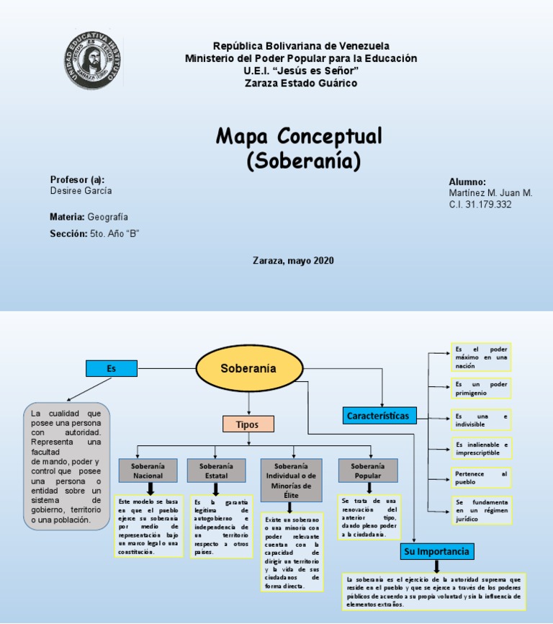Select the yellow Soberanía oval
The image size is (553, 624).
coord(248,368)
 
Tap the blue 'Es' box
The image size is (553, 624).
coord(111,368)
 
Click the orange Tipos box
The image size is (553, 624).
coord(247,424)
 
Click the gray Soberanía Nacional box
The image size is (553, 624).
coord(148,471)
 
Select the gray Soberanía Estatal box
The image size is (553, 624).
coord(216,471)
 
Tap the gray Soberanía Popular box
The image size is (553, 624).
coord(368,471)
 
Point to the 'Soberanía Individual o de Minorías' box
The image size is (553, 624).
coord(291,476)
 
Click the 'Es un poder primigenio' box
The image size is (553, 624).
coord(481,388)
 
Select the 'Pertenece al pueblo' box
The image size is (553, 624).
coord(481,478)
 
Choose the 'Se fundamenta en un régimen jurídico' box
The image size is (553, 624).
coord(481,509)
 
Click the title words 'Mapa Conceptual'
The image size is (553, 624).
coord(299,135)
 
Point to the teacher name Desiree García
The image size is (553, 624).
coord(81,191)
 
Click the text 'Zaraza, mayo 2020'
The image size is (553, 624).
coord(293,260)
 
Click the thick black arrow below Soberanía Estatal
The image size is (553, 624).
coord(215,489)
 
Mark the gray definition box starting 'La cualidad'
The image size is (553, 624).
coord(66,465)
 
